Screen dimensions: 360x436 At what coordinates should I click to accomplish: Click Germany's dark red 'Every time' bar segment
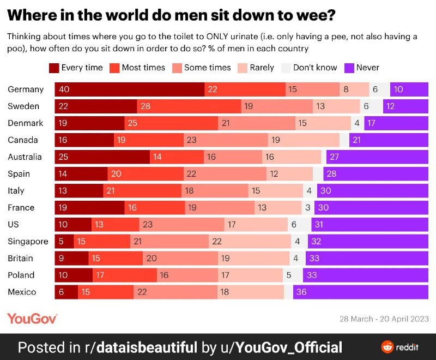(x=130, y=89)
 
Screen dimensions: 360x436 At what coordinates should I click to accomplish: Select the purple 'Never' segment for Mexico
(x=360, y=292)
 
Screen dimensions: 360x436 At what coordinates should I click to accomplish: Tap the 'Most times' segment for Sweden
(x=189, y=106)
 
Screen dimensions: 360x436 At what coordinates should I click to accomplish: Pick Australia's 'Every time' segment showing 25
(x=102, y=157)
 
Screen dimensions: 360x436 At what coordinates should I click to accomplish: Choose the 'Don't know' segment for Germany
(x=380, y=89)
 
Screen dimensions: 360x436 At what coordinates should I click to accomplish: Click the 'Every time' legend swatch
(x=54, y=68)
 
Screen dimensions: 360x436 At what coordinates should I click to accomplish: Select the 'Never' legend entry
(x=362, y=68)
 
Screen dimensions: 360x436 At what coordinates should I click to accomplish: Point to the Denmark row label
(x=25, y=123)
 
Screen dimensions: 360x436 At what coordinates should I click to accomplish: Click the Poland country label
(x=21, y=275)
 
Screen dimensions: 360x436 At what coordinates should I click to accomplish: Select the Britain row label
(x=20, y=258)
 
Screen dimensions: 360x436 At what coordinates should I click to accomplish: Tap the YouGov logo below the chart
(x=32, y=319)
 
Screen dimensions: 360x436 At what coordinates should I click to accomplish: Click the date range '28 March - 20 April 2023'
(x=384, y=319)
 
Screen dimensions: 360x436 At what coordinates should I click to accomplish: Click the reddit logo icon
(x=387, y=347)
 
